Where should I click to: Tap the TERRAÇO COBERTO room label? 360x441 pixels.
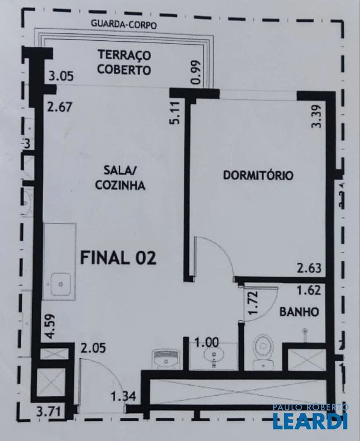point(124,63)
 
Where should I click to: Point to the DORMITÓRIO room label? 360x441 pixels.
point(258,175)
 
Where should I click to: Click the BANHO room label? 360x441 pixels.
point(299,312)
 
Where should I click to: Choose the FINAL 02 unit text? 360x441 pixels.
point(118,258)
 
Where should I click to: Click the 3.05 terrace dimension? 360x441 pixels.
point(61,76)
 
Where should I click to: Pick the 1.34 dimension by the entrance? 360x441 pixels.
point(123,396)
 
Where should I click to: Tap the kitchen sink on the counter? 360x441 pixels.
point(60,283)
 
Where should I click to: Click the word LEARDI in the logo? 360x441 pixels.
point(310,421)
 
